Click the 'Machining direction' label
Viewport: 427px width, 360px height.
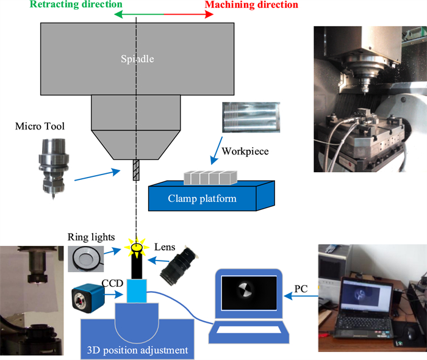pos(251,5)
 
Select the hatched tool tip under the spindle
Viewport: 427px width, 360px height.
pos(136,170)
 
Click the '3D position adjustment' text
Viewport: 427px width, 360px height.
pos(135,350)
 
